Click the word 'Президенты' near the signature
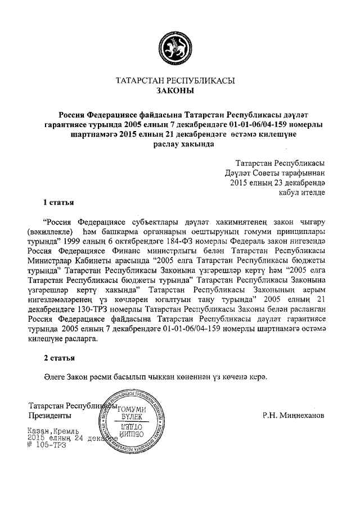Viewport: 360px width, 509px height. click(49, 416)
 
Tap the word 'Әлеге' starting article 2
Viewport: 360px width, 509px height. click(56, 376)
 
